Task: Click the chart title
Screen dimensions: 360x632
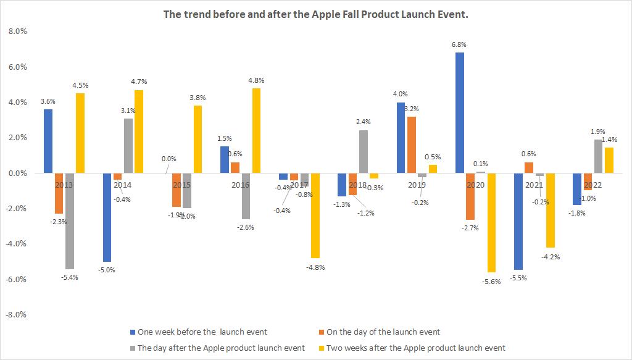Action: [x=315, y=14]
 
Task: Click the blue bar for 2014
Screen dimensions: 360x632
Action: [x=107, y=217]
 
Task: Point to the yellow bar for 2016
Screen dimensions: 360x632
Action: [x=256, y=130]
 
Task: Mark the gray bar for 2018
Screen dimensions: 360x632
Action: [x=364, y=151]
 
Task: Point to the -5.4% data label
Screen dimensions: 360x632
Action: [x=69, y=277]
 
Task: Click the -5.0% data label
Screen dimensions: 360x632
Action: [x=107, y=270]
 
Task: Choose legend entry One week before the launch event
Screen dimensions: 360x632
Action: [x=198, y=332]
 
